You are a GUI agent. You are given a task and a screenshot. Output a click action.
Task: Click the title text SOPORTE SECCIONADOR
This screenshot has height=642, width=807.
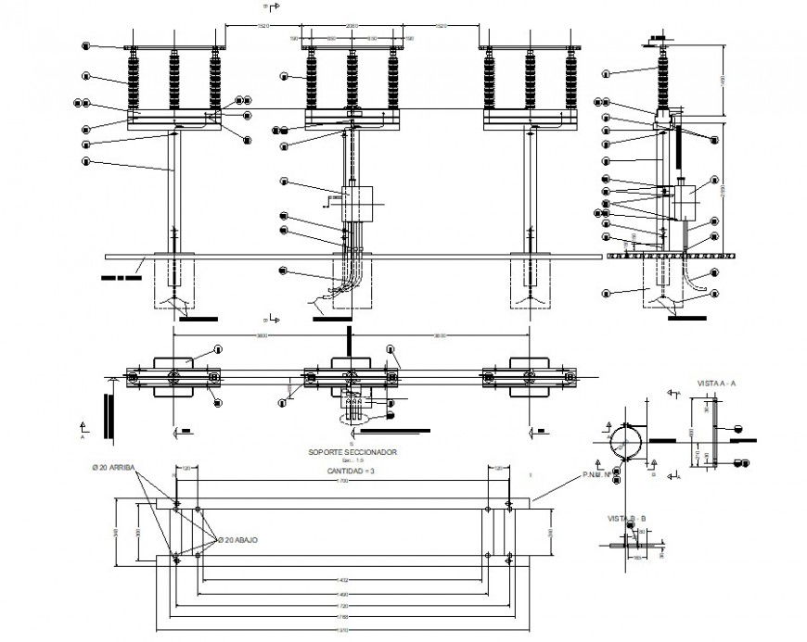[x=352, y=452]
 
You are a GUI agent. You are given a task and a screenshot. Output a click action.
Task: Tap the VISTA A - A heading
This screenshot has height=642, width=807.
[x=716, y=382]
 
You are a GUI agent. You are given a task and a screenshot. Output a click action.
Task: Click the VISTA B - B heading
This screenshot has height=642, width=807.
[x=627, y=517]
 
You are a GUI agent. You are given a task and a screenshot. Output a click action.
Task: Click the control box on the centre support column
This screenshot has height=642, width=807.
[x=356, y=203]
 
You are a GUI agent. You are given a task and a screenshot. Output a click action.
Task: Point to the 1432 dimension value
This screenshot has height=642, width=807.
[x=342, y=581]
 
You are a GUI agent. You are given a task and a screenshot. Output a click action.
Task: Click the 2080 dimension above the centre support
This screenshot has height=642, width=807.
[x=352, y=26]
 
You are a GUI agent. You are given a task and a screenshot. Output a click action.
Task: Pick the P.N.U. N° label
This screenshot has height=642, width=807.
[x=596, y=475]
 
